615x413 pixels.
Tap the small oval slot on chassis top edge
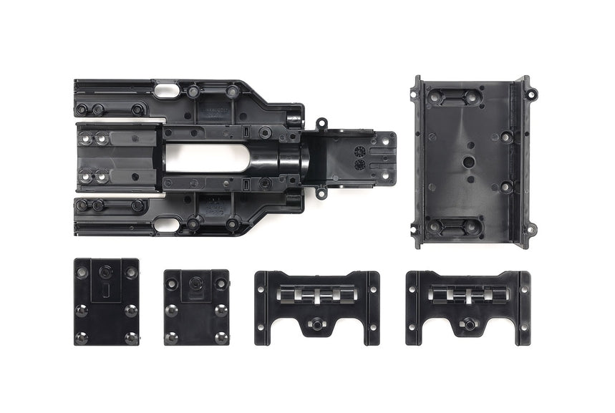[x=166, y=91]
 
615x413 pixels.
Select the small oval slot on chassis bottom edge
[x=166, y=224]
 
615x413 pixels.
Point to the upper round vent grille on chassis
[x=360, y=151]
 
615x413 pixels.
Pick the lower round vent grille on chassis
[x=360, y=164]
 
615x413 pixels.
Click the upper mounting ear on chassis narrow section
[x=321, y=124]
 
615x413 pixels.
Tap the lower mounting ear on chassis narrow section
[x=321, y=192]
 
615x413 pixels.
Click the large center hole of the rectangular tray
[x=468, y=162]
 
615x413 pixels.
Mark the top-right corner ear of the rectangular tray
[x=531, y=93]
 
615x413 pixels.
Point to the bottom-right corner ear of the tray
[x=531, y=229]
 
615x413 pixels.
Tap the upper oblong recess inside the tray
[x=453, y=97]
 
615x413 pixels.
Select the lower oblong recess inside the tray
[x=453, y=226]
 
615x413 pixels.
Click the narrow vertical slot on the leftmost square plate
[x=105, y=289]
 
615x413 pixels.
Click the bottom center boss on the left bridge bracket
[x=314, y=324]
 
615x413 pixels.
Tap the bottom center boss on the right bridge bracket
[x=469, y=324]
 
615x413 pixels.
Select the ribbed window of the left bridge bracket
[x=316, y=294]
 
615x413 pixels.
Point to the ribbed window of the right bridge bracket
[x=468, y=293]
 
